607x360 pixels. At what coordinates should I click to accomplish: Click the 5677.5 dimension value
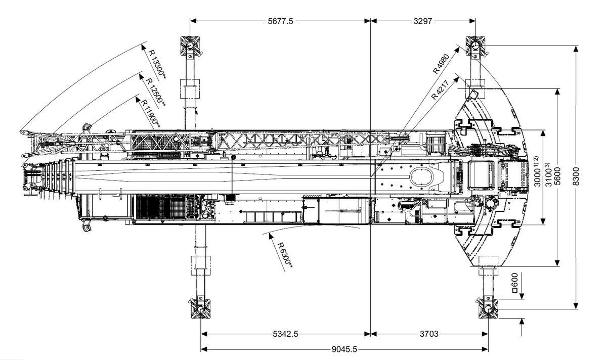[280, 21]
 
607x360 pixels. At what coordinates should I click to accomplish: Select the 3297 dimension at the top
[423, 21]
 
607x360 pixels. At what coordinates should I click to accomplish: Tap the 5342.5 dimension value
[286, 334]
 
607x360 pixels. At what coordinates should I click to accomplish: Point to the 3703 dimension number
[429, 334]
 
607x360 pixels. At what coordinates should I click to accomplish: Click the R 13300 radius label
[157, 64]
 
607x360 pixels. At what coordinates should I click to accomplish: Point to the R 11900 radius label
[151, 113]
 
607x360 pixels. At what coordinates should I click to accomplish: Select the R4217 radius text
[440, 88]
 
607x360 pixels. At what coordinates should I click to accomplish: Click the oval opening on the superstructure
[423, 177]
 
